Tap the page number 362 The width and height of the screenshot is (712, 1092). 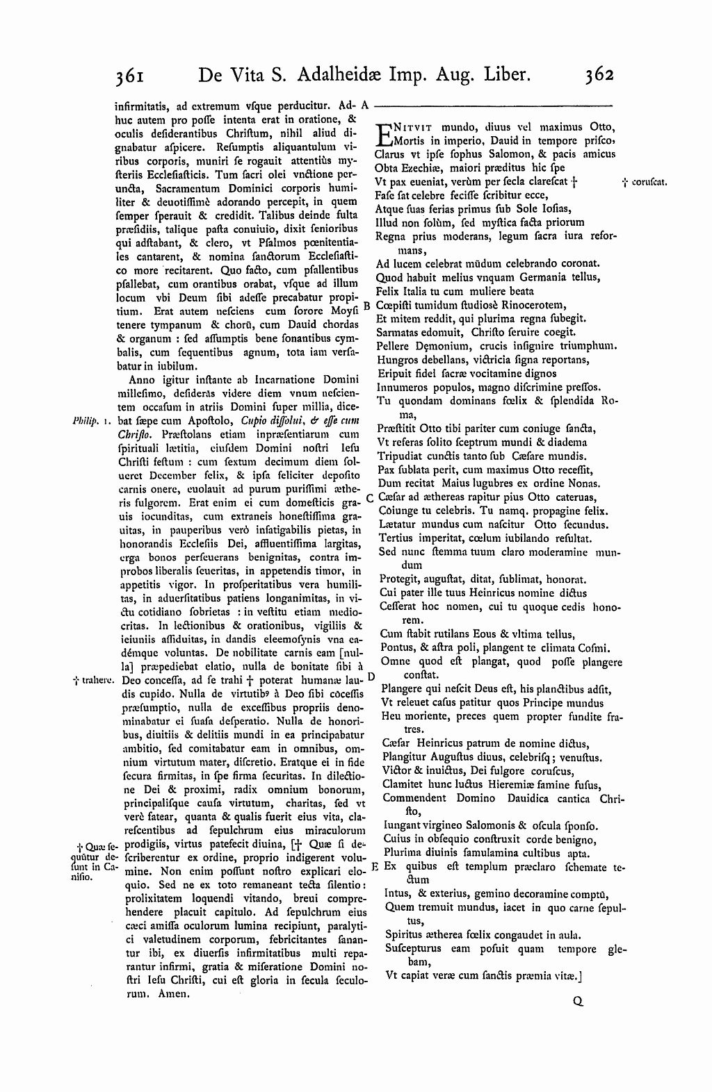pyautogui.click(x=600, y=74)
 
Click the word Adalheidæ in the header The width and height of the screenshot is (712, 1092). pyautogui.click(x=334, y=74)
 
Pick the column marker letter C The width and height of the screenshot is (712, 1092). pyautogui.click(x=370, y=497)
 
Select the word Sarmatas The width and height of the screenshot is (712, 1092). pyautogui.click(x=398, y=332)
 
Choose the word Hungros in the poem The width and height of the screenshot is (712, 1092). pyautogui.click(x=397, y=359)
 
